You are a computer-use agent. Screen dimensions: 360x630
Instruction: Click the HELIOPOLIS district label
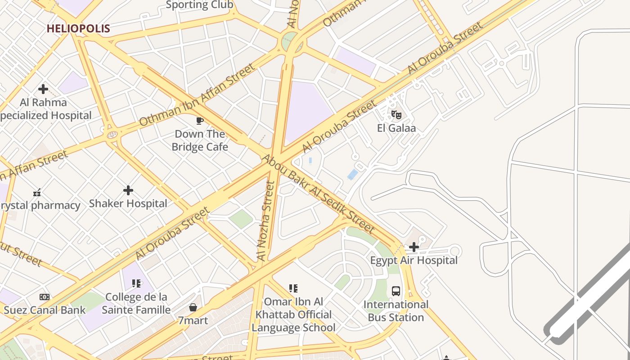(78, 29)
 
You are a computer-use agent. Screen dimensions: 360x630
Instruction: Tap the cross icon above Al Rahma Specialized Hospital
(43, 89)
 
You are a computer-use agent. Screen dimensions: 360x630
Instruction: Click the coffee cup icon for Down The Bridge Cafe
(200, 121)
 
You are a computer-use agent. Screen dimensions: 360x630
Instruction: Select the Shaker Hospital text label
(128, 203)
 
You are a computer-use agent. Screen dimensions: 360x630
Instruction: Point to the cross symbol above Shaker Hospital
(128, 190)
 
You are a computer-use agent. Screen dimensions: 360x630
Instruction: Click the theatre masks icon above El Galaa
(396, 115)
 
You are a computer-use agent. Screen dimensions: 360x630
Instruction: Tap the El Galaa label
(396, 128)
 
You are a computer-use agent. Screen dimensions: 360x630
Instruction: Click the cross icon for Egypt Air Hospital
(414, 247)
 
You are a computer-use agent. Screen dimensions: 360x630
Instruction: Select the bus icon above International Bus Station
(396, 291)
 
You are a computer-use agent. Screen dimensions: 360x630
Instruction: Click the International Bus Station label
(396, 311)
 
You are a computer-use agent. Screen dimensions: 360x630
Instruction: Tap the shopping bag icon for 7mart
(193, 307)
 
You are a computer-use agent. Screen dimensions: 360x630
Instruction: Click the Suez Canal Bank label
(45, 310)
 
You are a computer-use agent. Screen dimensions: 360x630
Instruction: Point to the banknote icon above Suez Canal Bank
(45, 297)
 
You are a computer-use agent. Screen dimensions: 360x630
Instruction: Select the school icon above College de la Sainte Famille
(136, 283)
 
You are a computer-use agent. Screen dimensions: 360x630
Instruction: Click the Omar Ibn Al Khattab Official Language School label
(293, 315)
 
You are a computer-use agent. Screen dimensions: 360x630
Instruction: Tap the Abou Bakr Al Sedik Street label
(318, 194)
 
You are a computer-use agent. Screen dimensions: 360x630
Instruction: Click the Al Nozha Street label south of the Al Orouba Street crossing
(265, 220)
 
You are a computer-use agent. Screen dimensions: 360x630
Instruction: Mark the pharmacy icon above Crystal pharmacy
(37, 193)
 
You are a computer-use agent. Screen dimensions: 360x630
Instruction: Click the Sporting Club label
(199, 5)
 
